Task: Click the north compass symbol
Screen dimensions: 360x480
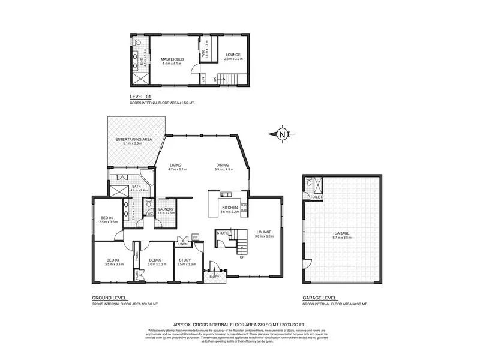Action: point(282,134)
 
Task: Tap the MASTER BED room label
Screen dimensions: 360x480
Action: point(172,59)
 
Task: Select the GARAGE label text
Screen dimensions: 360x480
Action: point(342,233)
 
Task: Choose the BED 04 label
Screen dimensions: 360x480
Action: point(107,217)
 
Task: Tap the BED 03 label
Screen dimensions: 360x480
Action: point(114,260)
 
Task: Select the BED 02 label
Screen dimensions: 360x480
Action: point(157,260)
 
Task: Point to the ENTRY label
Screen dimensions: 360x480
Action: point(215,276)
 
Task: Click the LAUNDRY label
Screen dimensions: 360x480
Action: point(166,209)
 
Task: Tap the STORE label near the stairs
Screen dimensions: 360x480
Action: point(223,232)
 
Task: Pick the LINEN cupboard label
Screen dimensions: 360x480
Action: point(183,244)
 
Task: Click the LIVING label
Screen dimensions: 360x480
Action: point(175,165)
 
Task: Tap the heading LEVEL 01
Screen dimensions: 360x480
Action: point(140,97)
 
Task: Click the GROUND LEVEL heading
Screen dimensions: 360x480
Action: point(110,298)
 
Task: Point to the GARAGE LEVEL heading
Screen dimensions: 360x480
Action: point(319,298)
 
